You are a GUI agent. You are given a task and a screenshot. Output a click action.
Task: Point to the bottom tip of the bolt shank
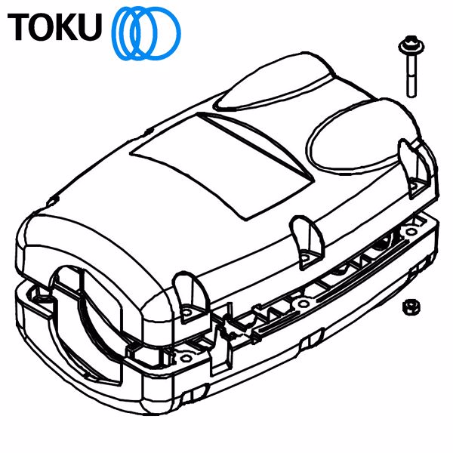tap(412, 94)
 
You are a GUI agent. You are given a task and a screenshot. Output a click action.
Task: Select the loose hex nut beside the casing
tap(412, 306)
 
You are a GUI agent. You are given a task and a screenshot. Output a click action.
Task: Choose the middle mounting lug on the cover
tap(305, 241)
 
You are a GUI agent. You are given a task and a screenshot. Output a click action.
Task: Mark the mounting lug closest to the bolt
tap(411, 166)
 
